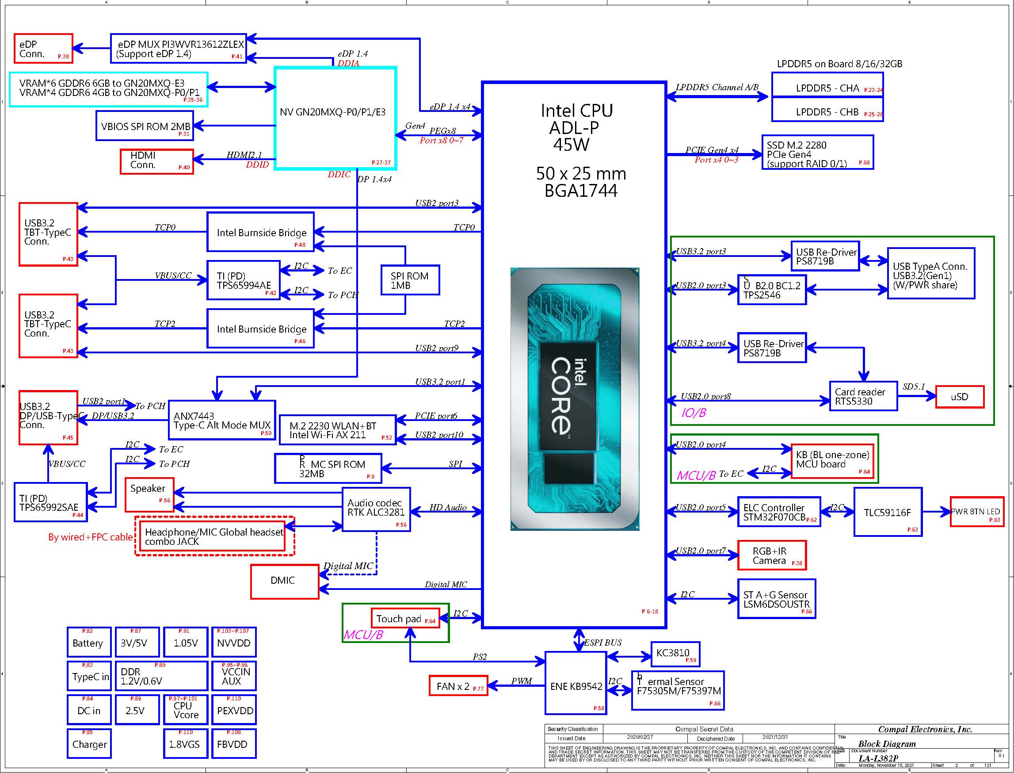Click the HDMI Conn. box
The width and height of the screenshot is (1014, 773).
156,161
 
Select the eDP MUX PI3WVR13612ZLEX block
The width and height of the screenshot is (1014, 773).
179,48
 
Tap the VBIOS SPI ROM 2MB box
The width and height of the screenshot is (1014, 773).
145,126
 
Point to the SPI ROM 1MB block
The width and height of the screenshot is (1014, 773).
410,280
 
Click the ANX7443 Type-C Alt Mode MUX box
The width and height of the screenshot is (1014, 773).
221,420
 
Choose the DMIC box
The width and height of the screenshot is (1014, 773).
284,581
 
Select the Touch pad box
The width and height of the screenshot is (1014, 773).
405,619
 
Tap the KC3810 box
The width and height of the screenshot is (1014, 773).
675,653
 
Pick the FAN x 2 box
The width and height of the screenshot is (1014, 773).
458,685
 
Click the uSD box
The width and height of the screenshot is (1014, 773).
959,397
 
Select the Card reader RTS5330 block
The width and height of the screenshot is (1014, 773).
863,396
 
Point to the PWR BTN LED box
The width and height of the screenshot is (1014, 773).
976,512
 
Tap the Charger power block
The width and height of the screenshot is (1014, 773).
89,744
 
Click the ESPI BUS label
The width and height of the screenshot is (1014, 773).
602,643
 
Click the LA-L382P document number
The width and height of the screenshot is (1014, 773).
878,758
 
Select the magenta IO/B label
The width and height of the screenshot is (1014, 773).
693,413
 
